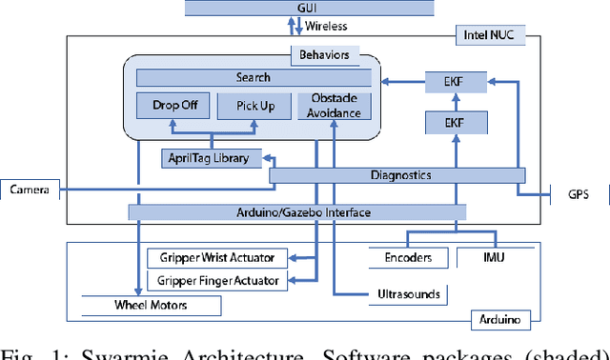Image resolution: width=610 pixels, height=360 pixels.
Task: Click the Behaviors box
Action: (325, 55)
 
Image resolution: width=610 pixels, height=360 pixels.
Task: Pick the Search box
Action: (252, 77)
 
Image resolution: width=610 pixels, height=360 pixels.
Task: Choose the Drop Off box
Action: (173, 106)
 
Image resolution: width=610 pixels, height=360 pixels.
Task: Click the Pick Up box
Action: (254, 106)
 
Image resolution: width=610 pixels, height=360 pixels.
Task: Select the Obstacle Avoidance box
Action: (334, 106)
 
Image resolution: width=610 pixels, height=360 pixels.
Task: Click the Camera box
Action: (30, 190)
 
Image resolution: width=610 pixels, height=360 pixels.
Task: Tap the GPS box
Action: (579, 195)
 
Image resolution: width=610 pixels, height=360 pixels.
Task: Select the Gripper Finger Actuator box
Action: (217, 280)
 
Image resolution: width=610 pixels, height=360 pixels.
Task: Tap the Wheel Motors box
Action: (152, 306)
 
